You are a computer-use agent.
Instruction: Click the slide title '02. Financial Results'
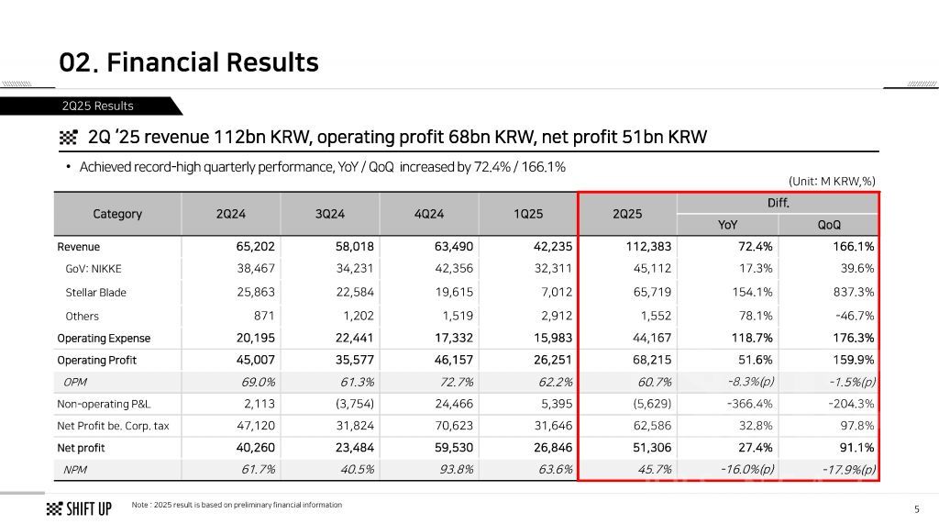(189, 62)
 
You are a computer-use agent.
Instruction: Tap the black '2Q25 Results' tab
(97, 106)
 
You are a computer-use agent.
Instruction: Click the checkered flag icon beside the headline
(68, 139)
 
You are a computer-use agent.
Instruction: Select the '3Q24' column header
(330, 214)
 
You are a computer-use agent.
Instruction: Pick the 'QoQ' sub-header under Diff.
(828, 225)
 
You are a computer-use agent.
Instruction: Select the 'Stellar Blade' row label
(95, 293)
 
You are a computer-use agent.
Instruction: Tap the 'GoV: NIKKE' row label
(93, 269)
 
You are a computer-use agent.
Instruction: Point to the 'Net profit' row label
(81, 448)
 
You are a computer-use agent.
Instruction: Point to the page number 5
(916, 509)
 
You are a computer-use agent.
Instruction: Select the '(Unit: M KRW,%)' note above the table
(832, 181)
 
